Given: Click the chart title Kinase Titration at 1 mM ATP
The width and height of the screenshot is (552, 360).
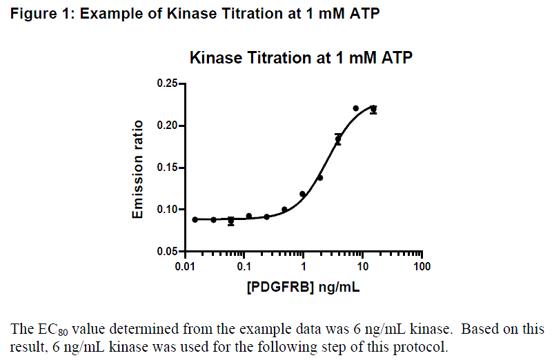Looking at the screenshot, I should [301, 58].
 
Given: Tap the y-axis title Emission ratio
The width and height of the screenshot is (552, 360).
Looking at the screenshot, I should [138, 170].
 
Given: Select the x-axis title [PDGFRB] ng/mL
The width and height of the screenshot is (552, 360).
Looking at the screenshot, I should [303, 286].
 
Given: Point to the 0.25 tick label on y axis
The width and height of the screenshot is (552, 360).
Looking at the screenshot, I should [166, 84].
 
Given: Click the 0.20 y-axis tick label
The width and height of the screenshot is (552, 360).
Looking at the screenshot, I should [166, 126].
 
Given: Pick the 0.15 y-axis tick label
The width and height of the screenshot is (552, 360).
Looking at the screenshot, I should [166, 168].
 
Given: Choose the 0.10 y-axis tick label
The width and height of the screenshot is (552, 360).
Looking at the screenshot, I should [166, 210].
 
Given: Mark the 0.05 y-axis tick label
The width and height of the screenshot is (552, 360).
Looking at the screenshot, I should [166, 252].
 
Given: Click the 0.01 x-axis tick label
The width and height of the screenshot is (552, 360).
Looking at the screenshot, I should [185, 266].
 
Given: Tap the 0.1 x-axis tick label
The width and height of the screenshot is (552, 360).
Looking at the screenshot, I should [244, 266].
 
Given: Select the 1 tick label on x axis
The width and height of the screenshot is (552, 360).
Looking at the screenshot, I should [304, 266].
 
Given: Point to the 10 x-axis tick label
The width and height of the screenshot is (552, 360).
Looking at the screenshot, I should [363, 266].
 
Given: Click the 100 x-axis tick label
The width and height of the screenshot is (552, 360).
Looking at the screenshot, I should [422, 266].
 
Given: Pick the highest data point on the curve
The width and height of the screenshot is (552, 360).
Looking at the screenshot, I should [356, 108].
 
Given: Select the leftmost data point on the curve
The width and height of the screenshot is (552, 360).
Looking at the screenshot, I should [195, 219].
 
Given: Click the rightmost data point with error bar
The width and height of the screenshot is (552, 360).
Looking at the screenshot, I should [373, 109].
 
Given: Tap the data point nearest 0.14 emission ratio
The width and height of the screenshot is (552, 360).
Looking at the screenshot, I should [320, 177].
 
